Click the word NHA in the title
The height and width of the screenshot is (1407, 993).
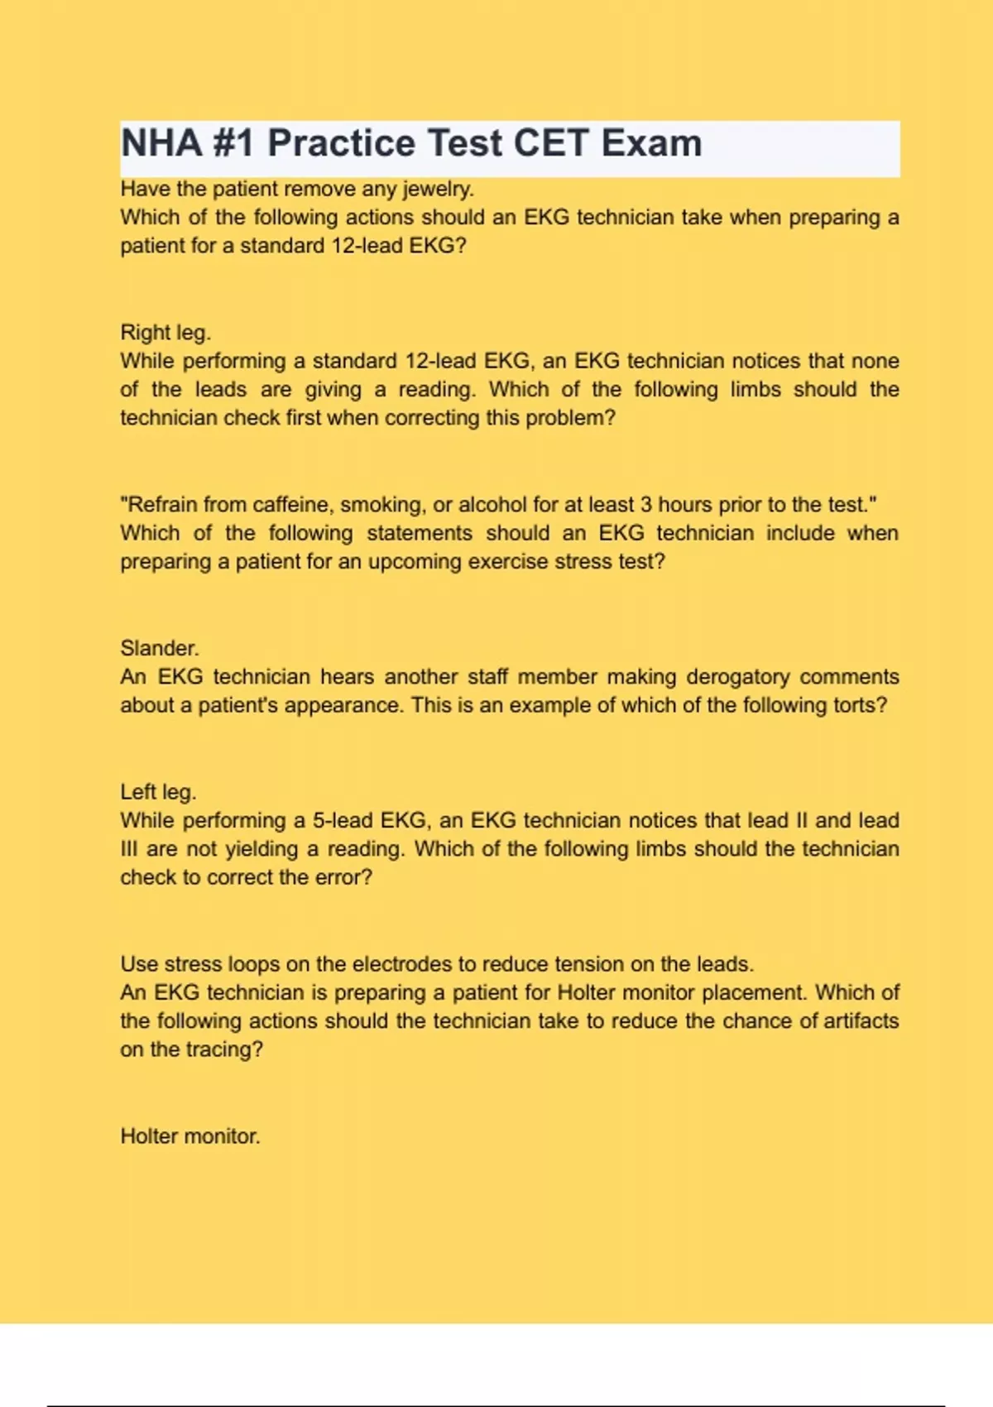[162, 143]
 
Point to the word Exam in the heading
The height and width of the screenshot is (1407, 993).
[651, 143]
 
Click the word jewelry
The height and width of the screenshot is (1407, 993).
[439, 190]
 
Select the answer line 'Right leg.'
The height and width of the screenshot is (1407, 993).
[165, 333]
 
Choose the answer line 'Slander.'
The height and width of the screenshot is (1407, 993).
[160, 648]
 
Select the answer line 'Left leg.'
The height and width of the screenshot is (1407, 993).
[158, 792]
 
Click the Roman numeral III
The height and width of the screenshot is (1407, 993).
[129, 849]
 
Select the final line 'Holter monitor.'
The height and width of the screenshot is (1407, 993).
[190, 1136]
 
